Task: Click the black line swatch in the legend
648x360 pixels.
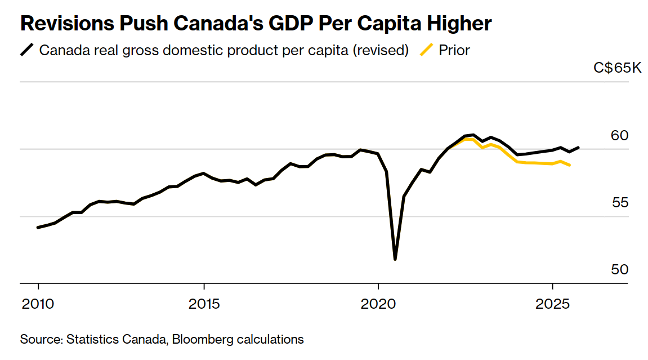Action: tap(27, 50)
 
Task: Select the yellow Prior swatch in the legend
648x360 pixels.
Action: tap(427, 50)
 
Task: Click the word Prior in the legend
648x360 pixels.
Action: tap(454, 50)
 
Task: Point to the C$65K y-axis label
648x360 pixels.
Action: tap(617, 68)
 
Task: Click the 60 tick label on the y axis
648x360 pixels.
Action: tap(619, 135)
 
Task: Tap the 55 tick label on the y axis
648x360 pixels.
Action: tap(619, 202)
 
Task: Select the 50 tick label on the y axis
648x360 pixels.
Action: tap(619, 269)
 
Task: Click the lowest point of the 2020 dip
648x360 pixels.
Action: tap(395, 259)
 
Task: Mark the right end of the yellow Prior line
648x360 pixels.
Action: tap(570, 165)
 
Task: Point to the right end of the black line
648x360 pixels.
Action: tap(579, 148)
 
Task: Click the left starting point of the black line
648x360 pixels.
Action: tap(38, 228)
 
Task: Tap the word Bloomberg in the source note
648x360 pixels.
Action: tap(199, 340)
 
